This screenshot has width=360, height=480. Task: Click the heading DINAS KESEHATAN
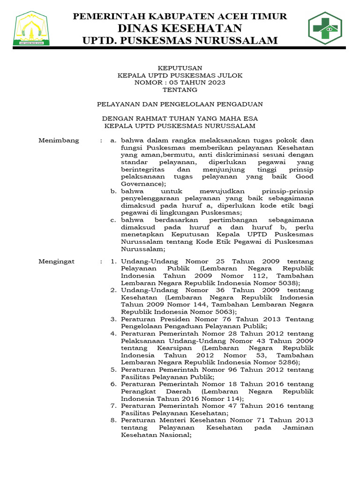180,28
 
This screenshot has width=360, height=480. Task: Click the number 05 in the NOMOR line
168,82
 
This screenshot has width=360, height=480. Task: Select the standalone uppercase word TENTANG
180,90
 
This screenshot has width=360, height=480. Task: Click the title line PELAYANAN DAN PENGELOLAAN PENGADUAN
180,104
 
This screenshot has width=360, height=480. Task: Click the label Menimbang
59,141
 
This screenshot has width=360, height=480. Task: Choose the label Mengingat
57,261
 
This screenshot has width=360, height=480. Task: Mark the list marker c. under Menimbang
113,220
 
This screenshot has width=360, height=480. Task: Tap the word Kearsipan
171,348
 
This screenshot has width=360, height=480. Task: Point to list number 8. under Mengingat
113,420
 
